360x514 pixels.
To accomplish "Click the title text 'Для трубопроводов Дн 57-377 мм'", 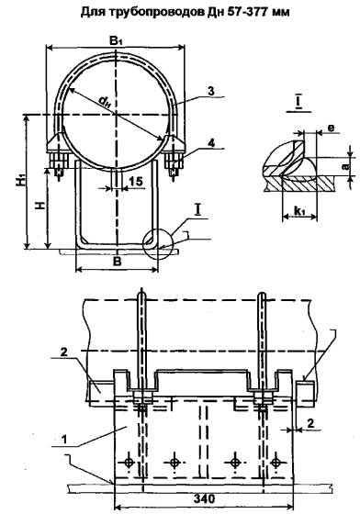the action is pos(186,13).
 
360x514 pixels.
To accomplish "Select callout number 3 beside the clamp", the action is pos(211,91).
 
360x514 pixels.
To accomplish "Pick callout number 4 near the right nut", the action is pos(211,143).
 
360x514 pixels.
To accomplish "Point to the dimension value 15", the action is pos(136,181).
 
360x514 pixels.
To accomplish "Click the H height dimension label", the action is pos(40,206).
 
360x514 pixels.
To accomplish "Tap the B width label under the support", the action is pos(118,262).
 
